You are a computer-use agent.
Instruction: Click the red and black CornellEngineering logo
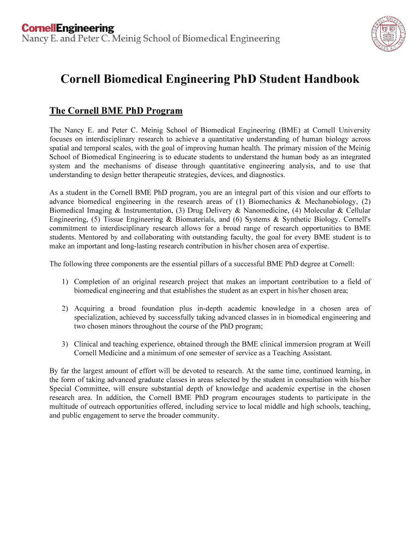(68, 28)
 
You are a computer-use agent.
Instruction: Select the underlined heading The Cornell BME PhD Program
(116, 111)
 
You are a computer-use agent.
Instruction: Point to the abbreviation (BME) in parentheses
(287, 130)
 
